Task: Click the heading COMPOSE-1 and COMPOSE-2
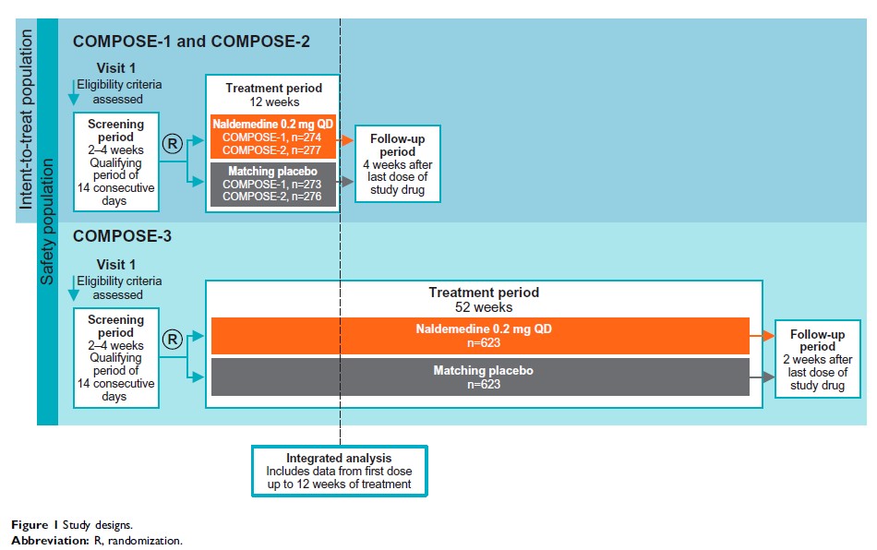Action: point(191,42)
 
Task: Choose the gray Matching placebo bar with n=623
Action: point(479,377)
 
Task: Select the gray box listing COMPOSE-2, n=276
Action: point(272,184)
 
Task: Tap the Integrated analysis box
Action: point(339,471)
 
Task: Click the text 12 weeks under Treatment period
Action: point(273,102)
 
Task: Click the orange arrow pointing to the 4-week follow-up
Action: point(345,140)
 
